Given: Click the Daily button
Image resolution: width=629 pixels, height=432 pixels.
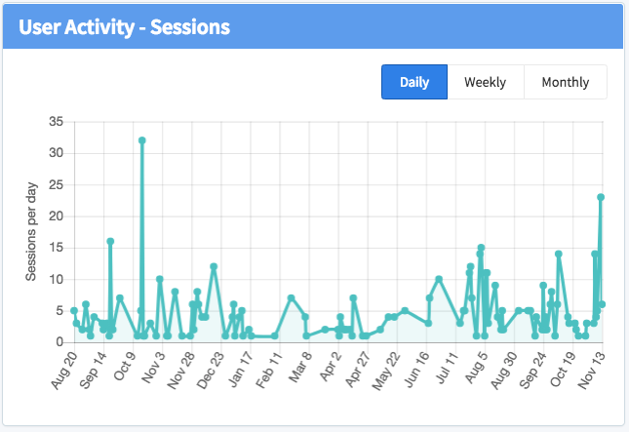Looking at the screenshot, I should pyautogui.click(x=414, y=82).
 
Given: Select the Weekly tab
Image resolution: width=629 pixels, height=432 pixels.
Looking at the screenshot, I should pyautogui.click(x=485, y=82).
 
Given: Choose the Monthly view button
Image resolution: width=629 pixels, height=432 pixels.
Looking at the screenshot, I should pyautogui.click(x=566, y=82).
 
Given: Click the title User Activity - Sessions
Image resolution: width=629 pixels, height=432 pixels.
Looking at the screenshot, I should pyautogui.click(x=124, y=26).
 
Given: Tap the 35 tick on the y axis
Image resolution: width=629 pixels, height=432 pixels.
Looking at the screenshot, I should pyautogui.click(x=56, y=122).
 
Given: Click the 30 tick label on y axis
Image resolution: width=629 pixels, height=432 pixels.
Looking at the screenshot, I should pyautogui.click(x=56, y=153).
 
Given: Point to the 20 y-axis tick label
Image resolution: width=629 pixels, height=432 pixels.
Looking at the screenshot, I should pyautogui.click(x=56, y=216).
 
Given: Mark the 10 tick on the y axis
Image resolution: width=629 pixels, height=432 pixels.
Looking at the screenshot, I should pyautogui.click(x=56, y=279).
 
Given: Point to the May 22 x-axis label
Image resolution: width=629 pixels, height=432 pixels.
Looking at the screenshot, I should pyautogui.click(x=388, y=370).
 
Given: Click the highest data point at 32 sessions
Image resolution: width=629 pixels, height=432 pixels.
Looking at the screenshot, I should pyautogui.click(x=142, y=140).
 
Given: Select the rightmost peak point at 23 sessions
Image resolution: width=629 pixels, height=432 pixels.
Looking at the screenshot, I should pyautogui.click(x=601, y=197).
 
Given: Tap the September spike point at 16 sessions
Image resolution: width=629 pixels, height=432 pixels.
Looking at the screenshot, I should pyautogui.click(x=110, y=241).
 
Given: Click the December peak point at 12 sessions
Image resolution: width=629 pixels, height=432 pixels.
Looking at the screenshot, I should pyautogui.click(x=214, y=266).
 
